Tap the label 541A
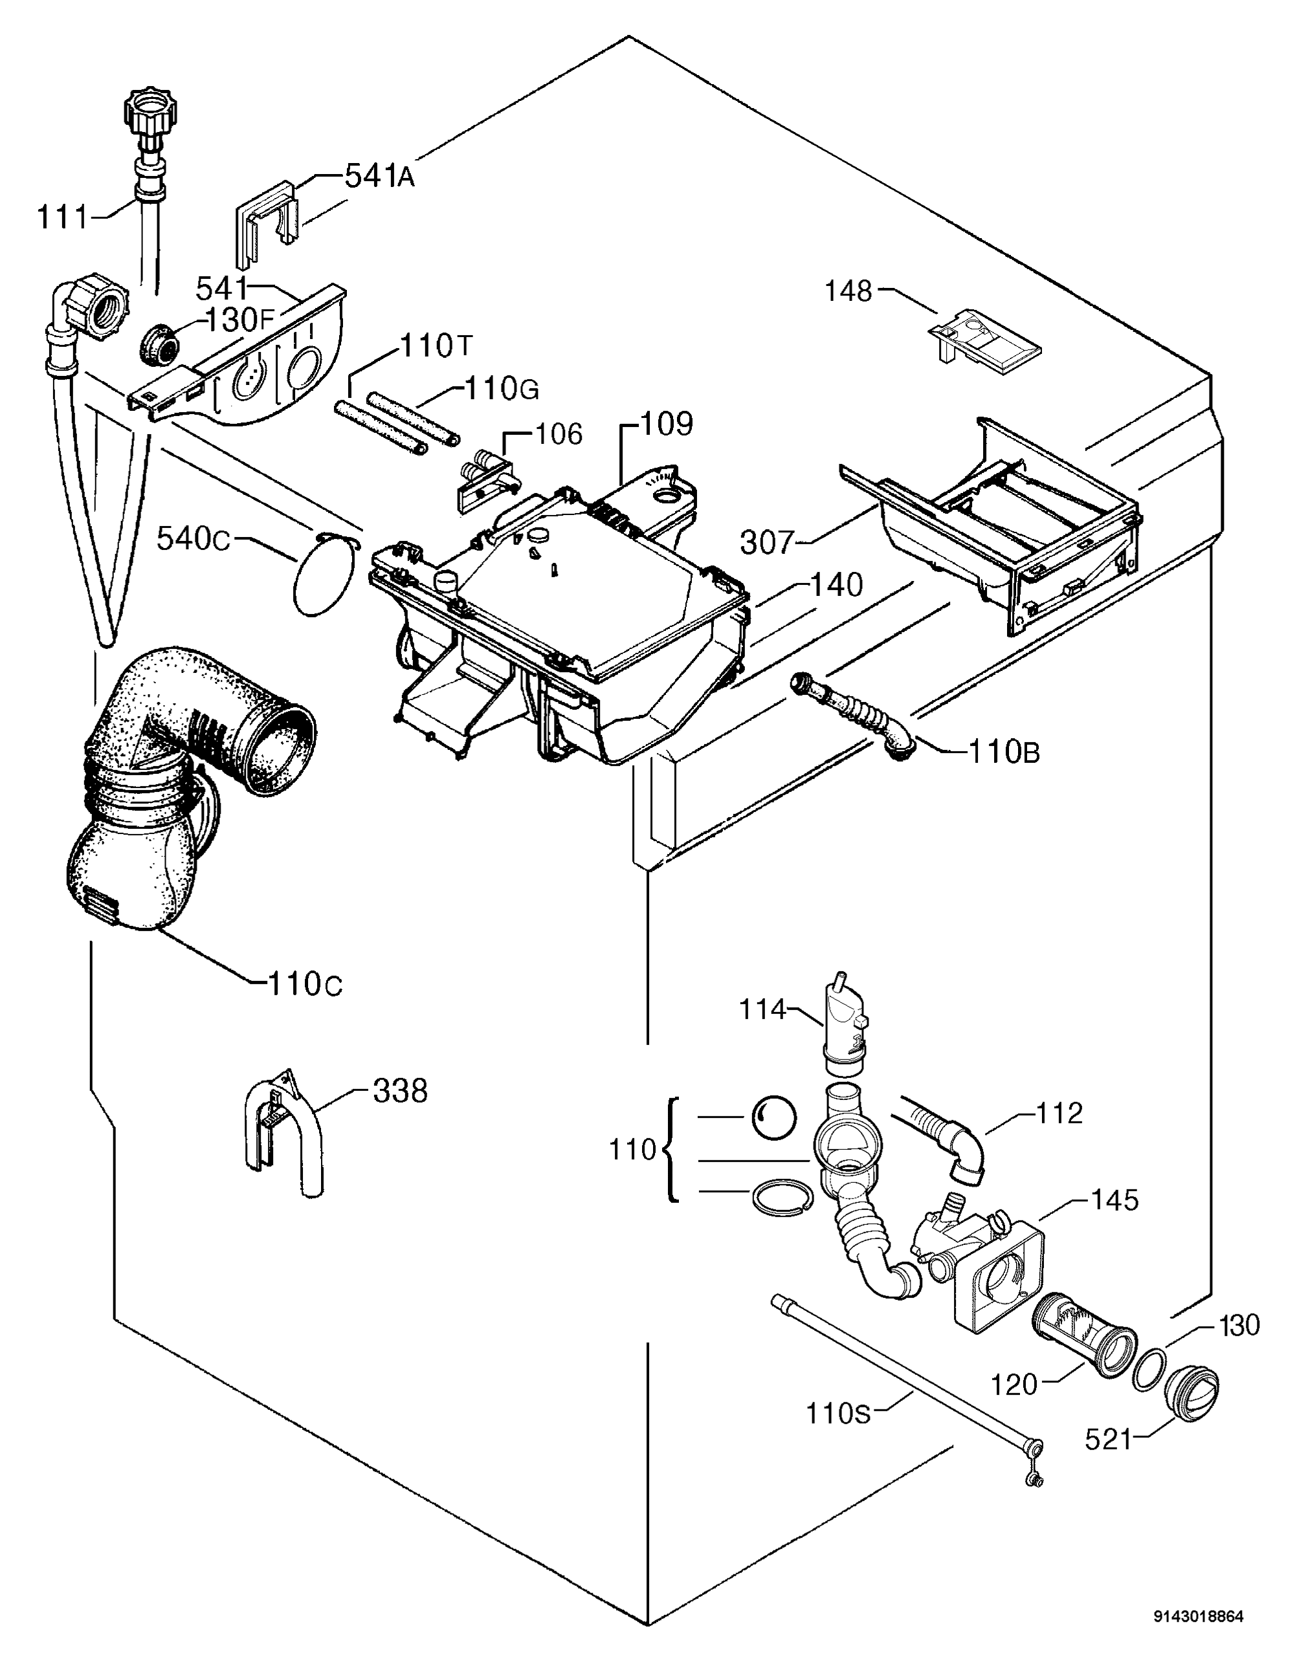(380, 177)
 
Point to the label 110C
(305, 984)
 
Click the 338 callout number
(400, 1092)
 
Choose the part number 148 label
(849, 291)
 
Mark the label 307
(767, 543)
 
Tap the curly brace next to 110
(671, 1149)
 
